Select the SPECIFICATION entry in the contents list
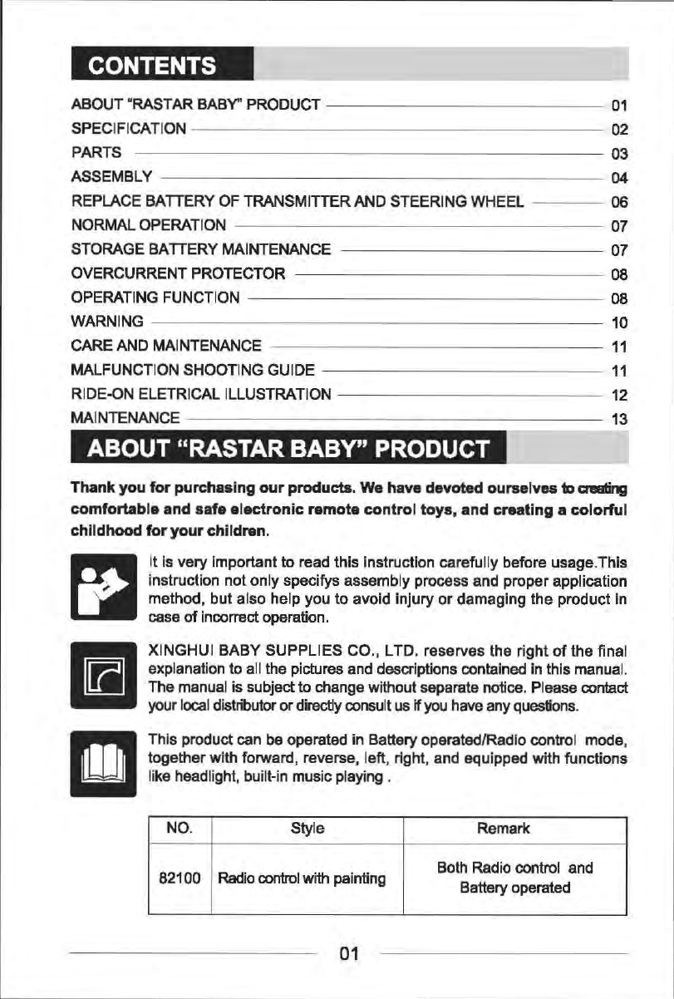(x=129, y=129)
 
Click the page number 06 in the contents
(x=617, y=201)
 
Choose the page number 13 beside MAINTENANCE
(x=617, y=419)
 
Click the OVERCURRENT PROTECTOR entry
(x=180, y=273)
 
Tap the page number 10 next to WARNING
(x=617, y=322)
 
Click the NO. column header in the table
(x=180, y=829)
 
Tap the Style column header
(x=307, y=829)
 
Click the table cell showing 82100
(x=180, y=878)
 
